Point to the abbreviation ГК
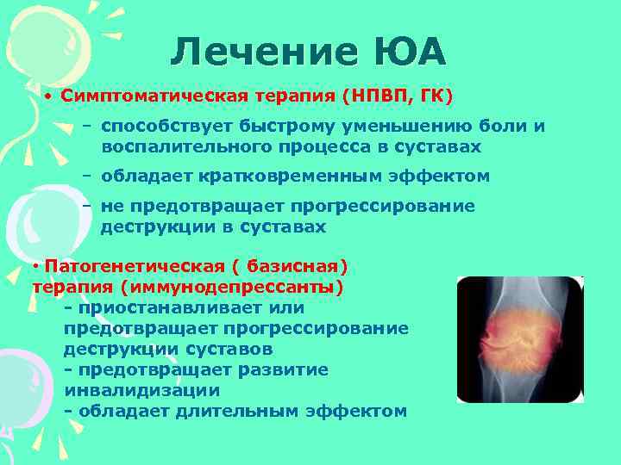tap(435, 94)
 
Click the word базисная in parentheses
tap(293, 266)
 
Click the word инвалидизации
tap(129, 390)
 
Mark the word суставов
tap(233, 349)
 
